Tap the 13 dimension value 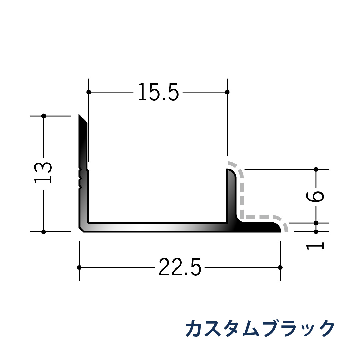(43, 173)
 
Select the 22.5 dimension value (180, 267)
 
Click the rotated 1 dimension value (315, 246)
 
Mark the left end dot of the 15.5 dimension (89, 92)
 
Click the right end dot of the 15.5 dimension (227, 92)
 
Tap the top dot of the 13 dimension (43, 116)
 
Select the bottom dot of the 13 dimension (43, 231)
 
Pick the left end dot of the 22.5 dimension (79, 267)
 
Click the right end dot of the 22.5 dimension (280, 267)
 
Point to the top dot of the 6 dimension (316, 169)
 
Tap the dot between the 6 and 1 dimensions (316, 223)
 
